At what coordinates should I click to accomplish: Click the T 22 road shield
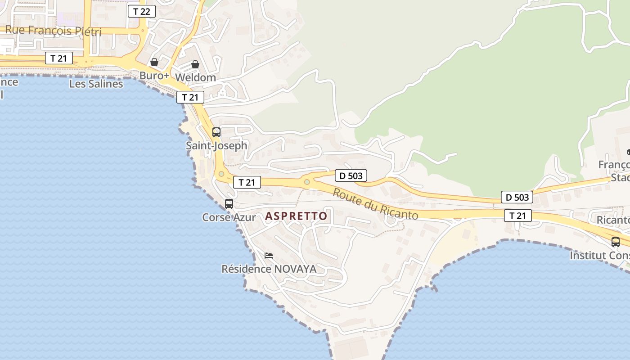click(142, 11)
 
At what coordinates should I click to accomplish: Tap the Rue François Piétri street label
click(53, 31)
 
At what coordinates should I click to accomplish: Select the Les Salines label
click(96, 84)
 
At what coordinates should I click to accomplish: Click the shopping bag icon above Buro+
click(154, 62)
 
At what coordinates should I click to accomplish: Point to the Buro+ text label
click(154, 76)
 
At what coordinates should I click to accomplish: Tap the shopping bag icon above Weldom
click(195, 64)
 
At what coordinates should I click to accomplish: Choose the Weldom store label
click(195, 77)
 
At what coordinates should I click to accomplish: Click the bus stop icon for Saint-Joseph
click(216, 132)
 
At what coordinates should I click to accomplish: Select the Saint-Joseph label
click(216, 145)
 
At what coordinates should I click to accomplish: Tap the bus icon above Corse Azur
click(229, 204)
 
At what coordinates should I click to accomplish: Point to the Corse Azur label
click(229, 217)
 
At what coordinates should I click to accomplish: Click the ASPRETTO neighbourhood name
click(296, 216)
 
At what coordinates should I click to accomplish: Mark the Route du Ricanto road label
click(375, 204)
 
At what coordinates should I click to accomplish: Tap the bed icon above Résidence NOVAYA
click(269, 256)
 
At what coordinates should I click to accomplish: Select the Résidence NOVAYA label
click(269, 269)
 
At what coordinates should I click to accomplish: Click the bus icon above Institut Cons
click(616, 242)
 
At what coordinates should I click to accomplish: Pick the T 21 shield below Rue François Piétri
click(58, 58)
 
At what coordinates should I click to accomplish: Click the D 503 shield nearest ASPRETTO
click(351, 175)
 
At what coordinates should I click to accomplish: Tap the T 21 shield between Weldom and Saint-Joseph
click(190, 97)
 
